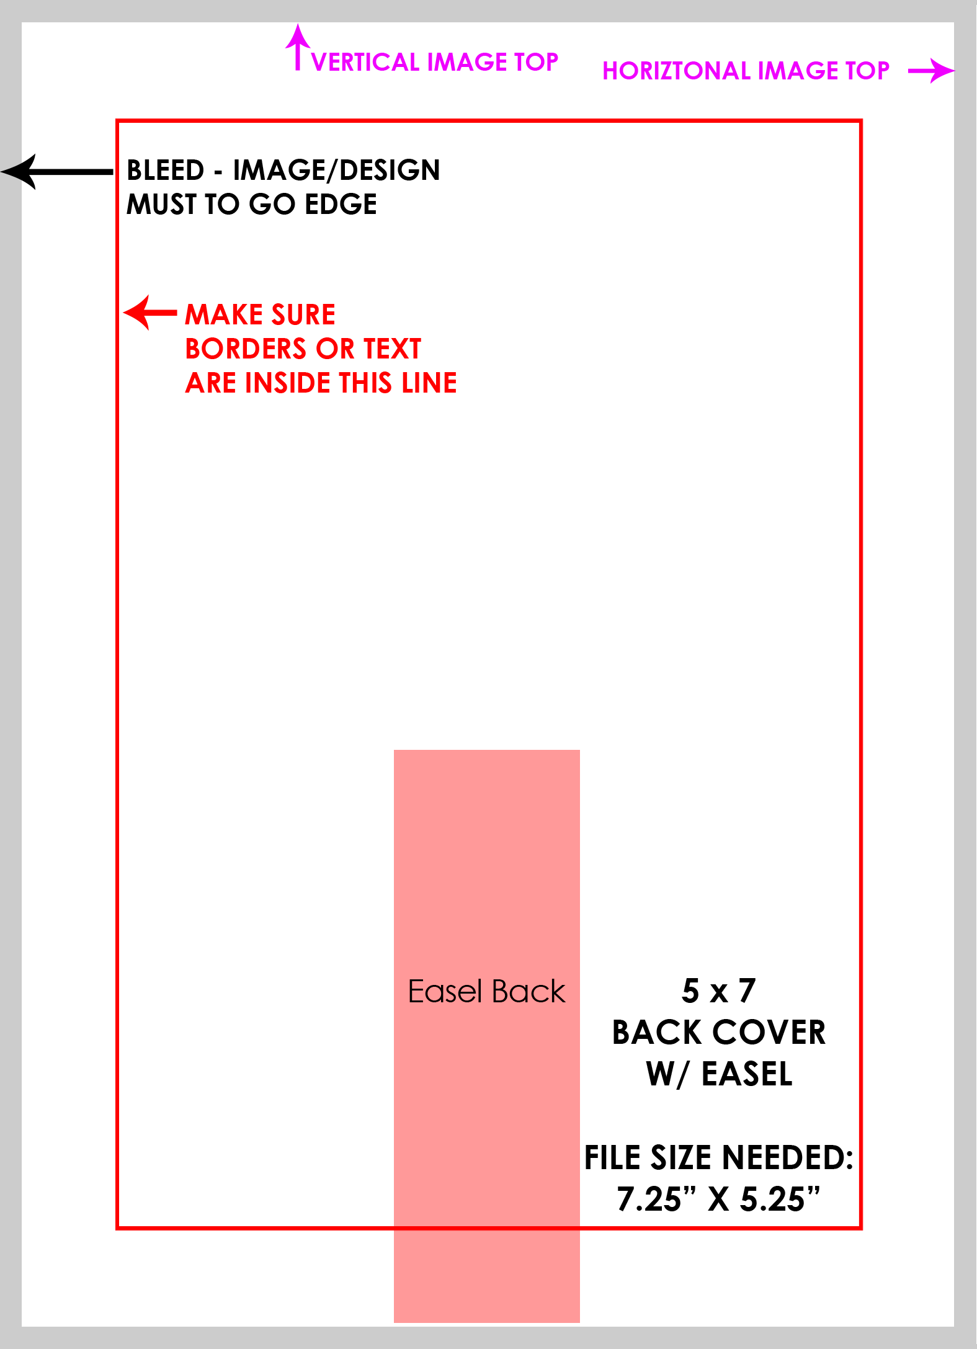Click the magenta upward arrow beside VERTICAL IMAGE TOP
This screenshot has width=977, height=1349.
click(x=298, y=47)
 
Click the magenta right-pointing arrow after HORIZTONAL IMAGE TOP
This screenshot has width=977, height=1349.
click(x=931, y=71)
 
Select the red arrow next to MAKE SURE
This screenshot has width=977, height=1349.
click(x=150, y=312)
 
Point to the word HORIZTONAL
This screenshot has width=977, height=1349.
click(x=677, y=71)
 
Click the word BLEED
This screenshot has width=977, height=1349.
click(x=166, y=170)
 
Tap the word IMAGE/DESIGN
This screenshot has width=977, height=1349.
click(x=336, y=170)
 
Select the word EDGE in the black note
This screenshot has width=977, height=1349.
click(x=341, y=204)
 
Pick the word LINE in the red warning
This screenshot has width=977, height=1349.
click(x=429, y=383)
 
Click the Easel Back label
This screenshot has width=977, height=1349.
click(x=487, y=991)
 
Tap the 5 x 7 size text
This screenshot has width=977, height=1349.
click(x=719, y=991)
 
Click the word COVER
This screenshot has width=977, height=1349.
click(x=769, y=1033)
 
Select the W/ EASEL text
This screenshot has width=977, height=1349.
click(x=719, y=1074)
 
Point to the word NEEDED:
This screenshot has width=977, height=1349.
click(x=788, y=1157)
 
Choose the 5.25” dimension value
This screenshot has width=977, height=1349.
click(x=780, y=1199)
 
